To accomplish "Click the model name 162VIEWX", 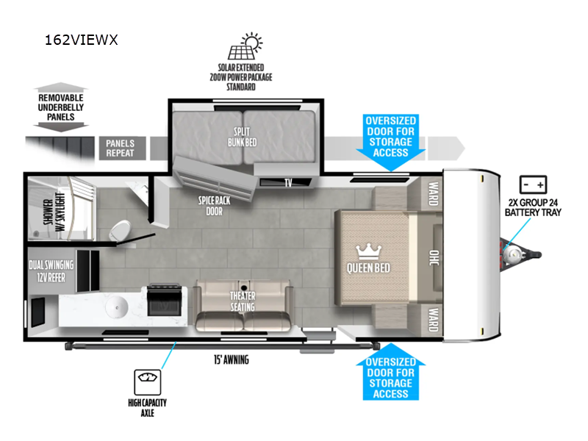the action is click(82, 40).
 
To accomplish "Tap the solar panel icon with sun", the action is click(245, 46).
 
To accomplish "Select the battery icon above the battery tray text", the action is click(533, 184).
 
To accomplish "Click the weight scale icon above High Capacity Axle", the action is click(148, 382).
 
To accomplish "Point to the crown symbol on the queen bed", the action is click(368, 251).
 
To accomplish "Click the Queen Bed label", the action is click(368, 268).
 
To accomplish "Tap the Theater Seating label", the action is click(243, 301).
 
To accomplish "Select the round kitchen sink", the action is click(117, 307).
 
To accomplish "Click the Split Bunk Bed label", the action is click(243, 137).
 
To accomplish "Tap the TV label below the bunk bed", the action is click(288, 182).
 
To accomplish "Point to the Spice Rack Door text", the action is click(214, 206).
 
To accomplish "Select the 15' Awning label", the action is click(232, 360).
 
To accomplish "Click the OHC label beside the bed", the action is click(434, 258).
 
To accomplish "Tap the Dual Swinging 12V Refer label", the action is click(51, 271).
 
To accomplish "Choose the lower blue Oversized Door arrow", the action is click(390, 372).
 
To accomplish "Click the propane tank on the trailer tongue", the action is click(512, 256).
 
